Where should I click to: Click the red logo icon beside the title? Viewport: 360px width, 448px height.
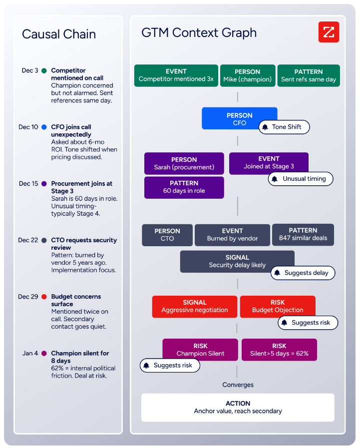329,32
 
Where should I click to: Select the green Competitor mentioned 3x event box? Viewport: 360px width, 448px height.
176,75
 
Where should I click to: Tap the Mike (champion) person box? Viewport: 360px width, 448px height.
247,75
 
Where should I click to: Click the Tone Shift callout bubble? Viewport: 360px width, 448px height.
284,127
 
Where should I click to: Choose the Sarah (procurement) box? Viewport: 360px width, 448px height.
184,163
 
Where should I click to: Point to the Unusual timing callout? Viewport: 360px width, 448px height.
301,179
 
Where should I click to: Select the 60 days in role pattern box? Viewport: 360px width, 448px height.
184,187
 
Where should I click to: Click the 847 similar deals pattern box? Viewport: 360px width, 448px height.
303,234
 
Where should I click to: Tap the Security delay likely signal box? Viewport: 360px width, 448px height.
237,261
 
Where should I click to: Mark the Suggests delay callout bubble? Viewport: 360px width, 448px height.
303,273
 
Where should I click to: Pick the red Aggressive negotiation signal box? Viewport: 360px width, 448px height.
194,306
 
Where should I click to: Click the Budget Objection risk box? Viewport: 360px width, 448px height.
278,306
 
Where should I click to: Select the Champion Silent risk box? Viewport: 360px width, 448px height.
200,350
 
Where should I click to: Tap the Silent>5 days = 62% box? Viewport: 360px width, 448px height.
279,350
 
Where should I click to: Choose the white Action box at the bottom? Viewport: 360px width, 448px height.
238,407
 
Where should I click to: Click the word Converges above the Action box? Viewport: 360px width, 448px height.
238,385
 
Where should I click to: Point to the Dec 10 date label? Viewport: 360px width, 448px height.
28,127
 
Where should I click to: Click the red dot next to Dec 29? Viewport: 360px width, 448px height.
44,297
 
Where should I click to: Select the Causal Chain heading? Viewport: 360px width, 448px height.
59,34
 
